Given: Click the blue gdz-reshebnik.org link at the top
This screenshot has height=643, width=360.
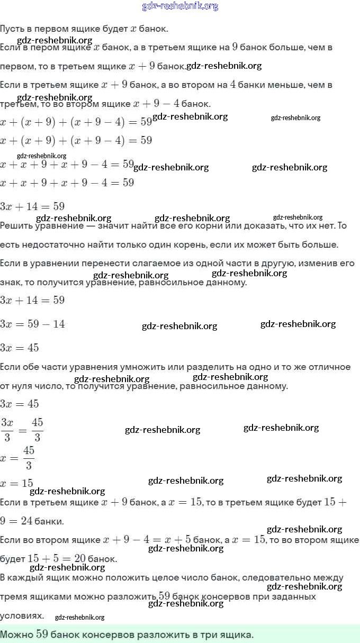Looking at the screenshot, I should [x=180, y=6].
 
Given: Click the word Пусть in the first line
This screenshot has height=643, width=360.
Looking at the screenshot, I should [x=12, y=29].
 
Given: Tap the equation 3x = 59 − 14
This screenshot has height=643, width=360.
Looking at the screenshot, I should [x=33, y=324].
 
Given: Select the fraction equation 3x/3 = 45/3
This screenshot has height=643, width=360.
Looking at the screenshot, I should [x=22, y=429].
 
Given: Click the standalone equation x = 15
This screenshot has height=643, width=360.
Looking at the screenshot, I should [x=17, y=483].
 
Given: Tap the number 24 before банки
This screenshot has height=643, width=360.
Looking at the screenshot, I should [x=26, y=521].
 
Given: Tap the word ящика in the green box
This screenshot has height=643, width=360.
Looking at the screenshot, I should [x=237, y=634].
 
